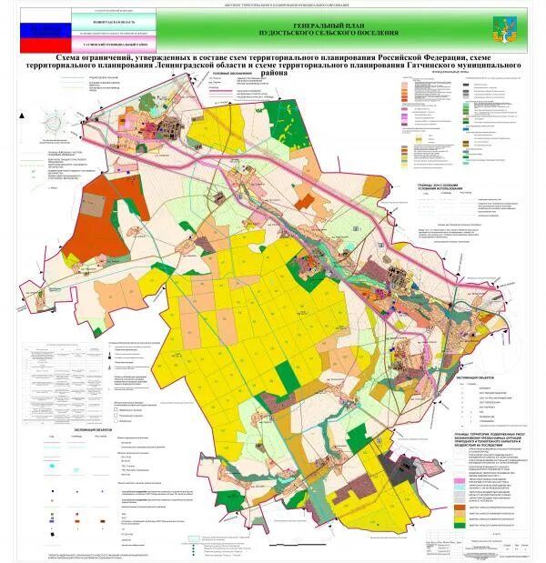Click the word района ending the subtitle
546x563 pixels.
tap(273, 74)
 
